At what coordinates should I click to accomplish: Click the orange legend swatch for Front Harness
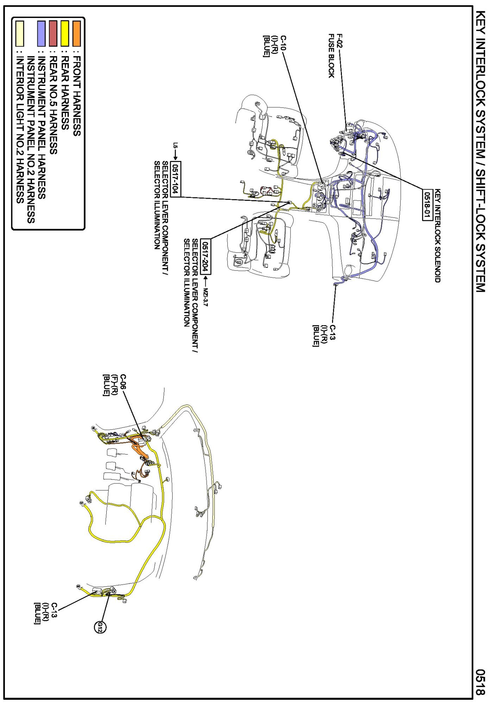[76, 33]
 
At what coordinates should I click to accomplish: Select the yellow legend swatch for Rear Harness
[65, 33]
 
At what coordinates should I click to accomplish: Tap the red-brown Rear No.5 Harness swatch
[53, 33]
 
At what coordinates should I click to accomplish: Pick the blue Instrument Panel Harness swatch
[42, 33]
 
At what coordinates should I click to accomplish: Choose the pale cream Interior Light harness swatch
[20, 33]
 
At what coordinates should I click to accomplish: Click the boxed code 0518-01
[427, 204]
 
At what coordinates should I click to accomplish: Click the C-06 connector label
[123, 382]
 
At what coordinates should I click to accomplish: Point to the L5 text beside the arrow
[175, 145]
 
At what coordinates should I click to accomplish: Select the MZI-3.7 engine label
[205, 297]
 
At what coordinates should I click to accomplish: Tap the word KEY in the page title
[480, 22]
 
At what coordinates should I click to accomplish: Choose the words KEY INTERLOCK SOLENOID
[437, 236]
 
